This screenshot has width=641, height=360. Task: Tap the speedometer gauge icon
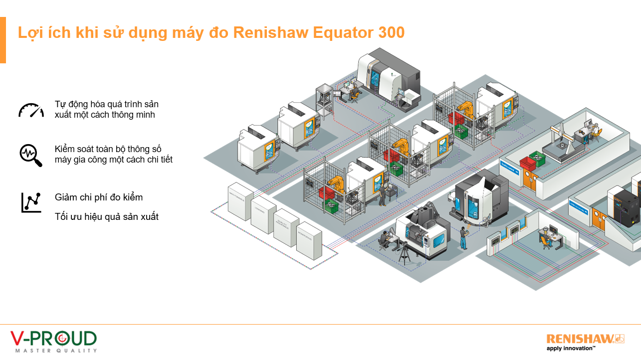(31, 110)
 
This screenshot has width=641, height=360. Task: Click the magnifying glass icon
(31, 155)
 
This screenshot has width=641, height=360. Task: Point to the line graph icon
(31, 202)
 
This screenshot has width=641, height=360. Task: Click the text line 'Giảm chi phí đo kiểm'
(99, 197)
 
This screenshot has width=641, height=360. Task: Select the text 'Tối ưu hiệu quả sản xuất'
(107, 217)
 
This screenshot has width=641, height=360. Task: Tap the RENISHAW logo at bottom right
(585, 339)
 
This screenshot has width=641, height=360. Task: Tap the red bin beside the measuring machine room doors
(527, 163)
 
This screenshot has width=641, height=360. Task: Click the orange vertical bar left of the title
(3, 40)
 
